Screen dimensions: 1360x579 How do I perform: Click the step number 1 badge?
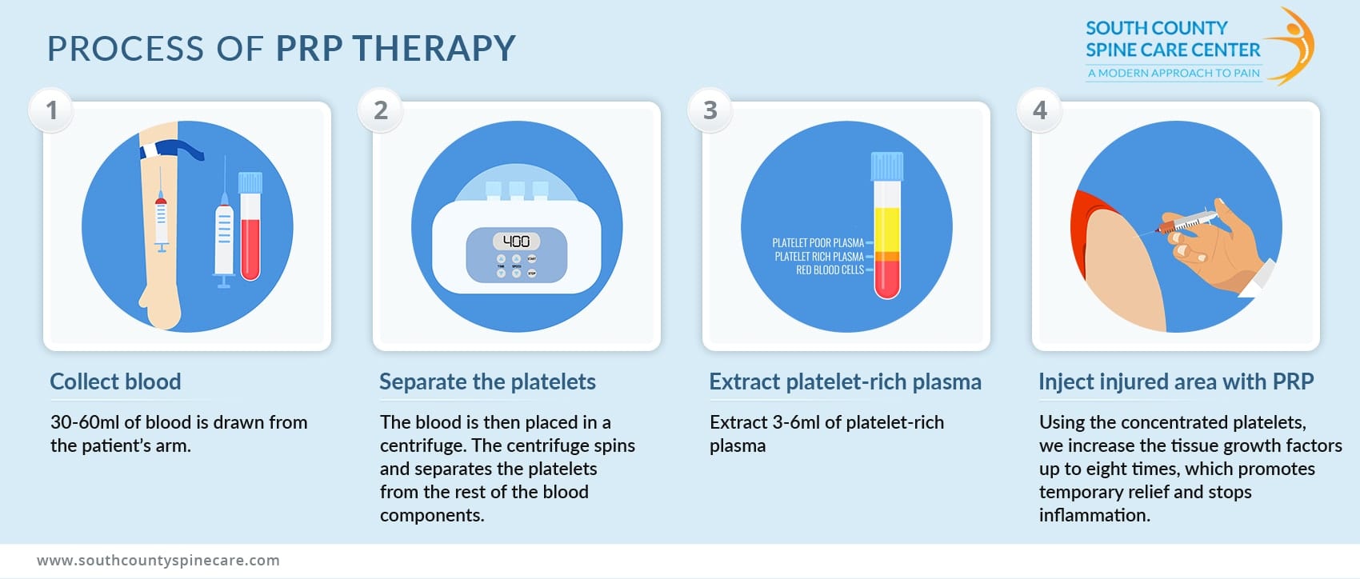pyautogui.click(x=52, y=110)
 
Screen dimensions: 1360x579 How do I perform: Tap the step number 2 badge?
pyautogui.click(x=381, y=110)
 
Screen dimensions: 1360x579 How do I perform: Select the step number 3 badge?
pyautogui.click(x=710, y=110)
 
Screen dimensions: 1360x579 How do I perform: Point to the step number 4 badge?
pyautogui.click(x=1040, y=110)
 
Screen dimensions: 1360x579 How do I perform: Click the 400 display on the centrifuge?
pyautogui.click(x=516, y=241)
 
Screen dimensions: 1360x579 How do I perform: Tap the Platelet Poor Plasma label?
pyautogui.click(x=818, y=243)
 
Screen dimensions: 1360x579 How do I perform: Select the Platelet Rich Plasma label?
pyautogui.click(x=819, y=257)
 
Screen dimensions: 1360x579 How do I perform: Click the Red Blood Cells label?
pyautogui.click(x=830, y=270)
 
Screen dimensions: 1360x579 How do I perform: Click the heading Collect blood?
pyautogui.click(x=115, y=381)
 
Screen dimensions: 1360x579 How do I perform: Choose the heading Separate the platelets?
pyautogui.click(x=487, y=381)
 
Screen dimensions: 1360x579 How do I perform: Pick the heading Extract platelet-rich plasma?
pyautogui.click(x=845, y=381)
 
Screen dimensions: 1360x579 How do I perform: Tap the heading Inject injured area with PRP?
pyautogui.click(x=1176, y=381)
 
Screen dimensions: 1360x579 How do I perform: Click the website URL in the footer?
pyautogui.click(x=158, y=560)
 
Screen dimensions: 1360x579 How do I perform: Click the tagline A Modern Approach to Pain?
pyautogui.click(x=1174, y=74)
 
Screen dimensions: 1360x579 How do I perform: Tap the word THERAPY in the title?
pyautogui.click(x=434, y=49)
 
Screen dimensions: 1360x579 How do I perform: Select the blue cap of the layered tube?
pyautogui.click(x=887, y=166)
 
